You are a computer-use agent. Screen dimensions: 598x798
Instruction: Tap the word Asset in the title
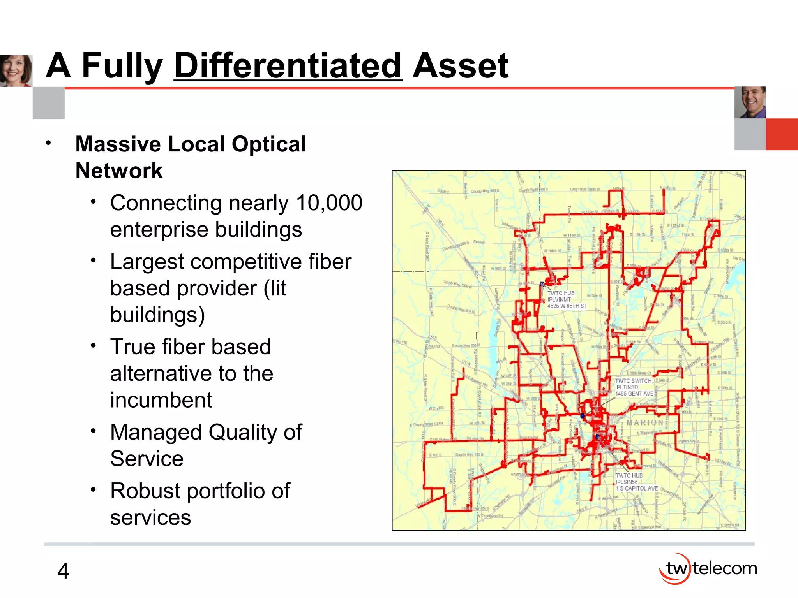460,66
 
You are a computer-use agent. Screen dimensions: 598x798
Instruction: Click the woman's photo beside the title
16,71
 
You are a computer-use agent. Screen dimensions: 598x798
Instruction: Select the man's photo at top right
750,102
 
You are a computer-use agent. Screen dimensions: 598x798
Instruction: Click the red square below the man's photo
782,134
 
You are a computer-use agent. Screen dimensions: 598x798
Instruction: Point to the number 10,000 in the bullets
329,203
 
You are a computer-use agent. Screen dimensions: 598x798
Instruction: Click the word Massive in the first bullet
117,144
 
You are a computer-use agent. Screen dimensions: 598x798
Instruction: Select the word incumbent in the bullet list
161,400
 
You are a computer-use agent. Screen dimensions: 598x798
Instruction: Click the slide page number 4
63,571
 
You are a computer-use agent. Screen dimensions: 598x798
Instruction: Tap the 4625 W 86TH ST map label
567,306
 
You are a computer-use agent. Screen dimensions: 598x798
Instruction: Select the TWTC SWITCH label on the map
633,381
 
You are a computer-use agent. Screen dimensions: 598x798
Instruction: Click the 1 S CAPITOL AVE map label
637,488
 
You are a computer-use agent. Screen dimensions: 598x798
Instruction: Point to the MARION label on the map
645,422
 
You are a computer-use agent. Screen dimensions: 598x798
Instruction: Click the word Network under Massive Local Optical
119,171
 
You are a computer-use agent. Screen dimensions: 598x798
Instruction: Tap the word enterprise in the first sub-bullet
160,229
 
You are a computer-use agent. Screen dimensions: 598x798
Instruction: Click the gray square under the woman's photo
48,103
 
